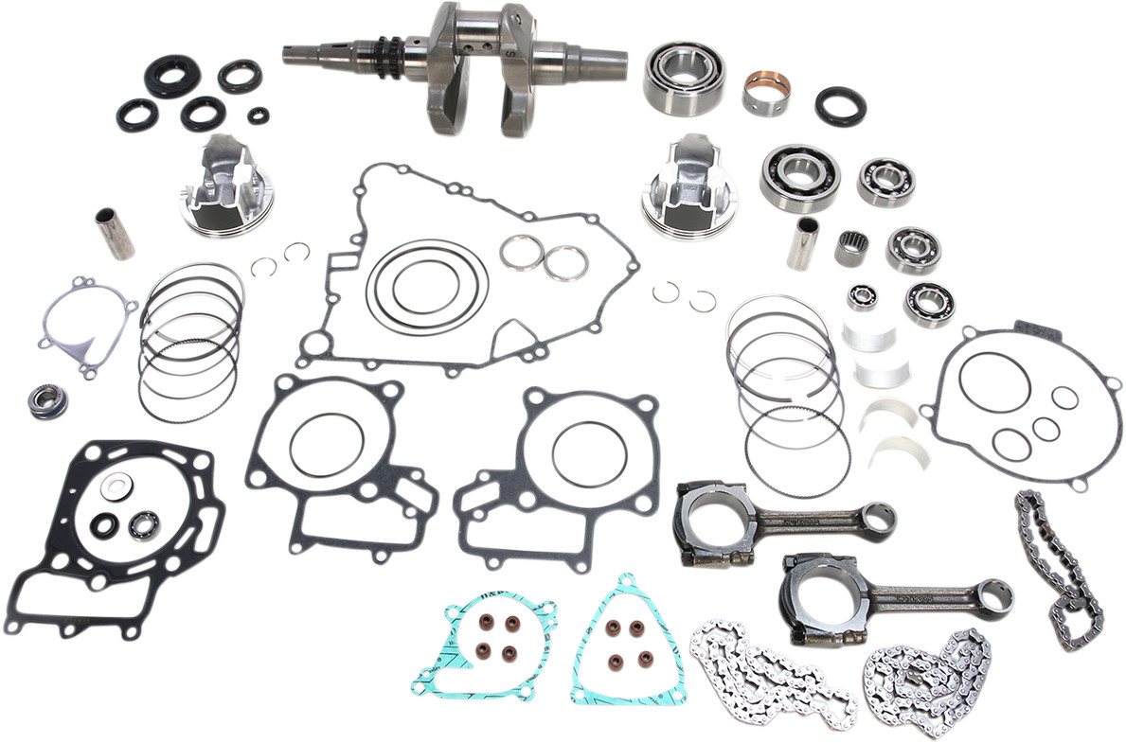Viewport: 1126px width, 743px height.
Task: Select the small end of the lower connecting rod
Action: [994, 597]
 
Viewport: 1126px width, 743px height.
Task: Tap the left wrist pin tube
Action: [112, 235]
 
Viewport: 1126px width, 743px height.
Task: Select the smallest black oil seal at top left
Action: [259, 115]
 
